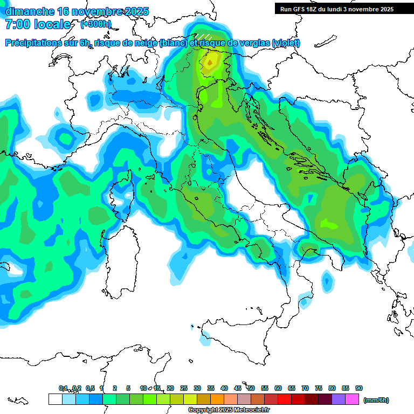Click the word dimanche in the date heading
click(x=30, y=11)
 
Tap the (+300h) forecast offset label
click(x=96, y=24)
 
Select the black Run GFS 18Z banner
click(x=337, y=9)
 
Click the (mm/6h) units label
click(x=376, y=400)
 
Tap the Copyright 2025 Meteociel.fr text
click(x=229, y=410)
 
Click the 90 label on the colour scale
click(x=359, y=388)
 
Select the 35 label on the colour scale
click(x=211, y=388)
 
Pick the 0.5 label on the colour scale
click(x=89, y=388)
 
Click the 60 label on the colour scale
click(x=278, y=388)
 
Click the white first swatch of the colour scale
click(x=55, y=399)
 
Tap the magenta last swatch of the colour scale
click(x=352, y=399)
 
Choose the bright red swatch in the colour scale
click(x=285, y=399)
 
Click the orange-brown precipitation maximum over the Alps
click(x=209, y=63)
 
